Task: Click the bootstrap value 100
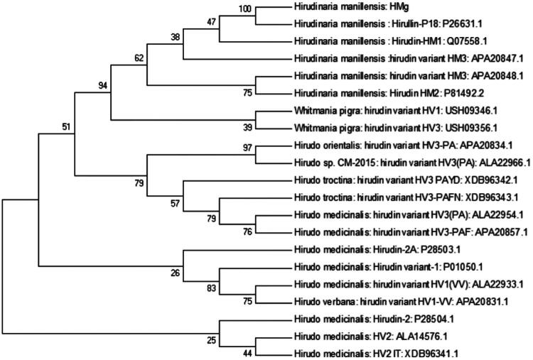pyautogui.click(x=245, y=8)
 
